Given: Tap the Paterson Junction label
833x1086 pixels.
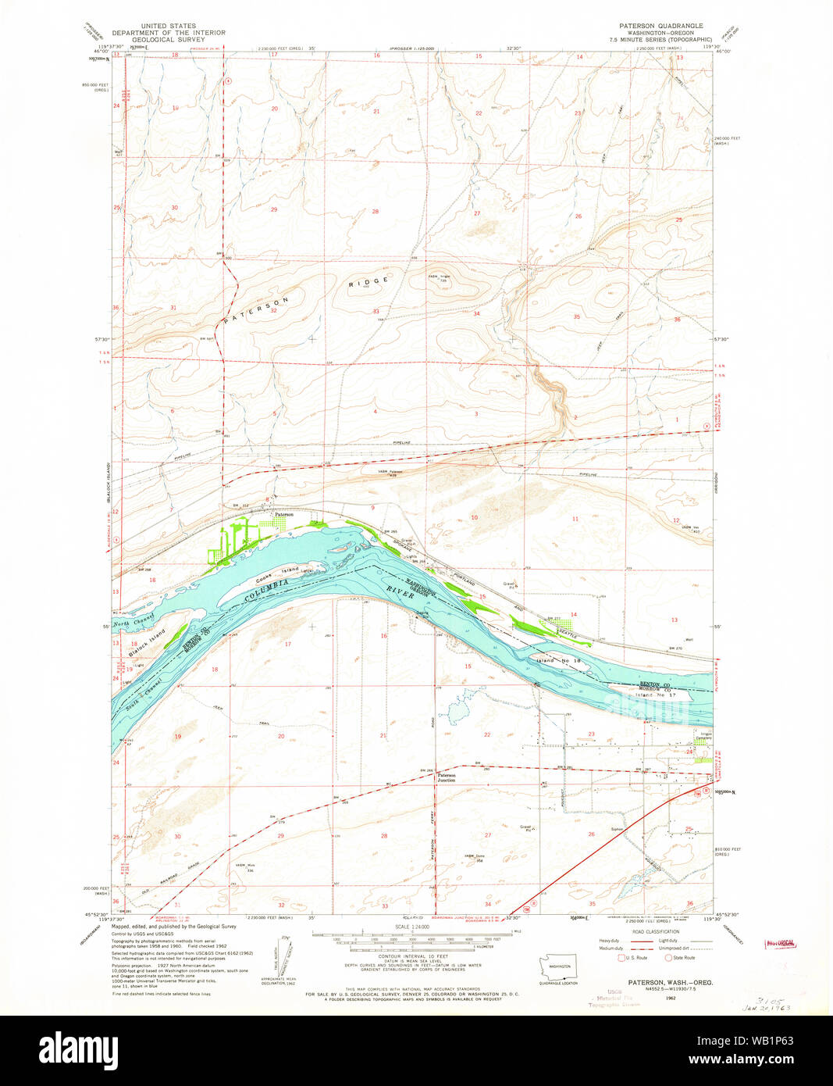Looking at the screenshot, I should tap(447, 777).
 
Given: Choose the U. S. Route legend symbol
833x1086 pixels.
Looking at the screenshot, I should tap(621, 957).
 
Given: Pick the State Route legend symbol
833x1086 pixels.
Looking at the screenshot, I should tap(668, 957).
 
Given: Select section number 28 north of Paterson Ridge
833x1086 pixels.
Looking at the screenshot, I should tap(375, 212).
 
